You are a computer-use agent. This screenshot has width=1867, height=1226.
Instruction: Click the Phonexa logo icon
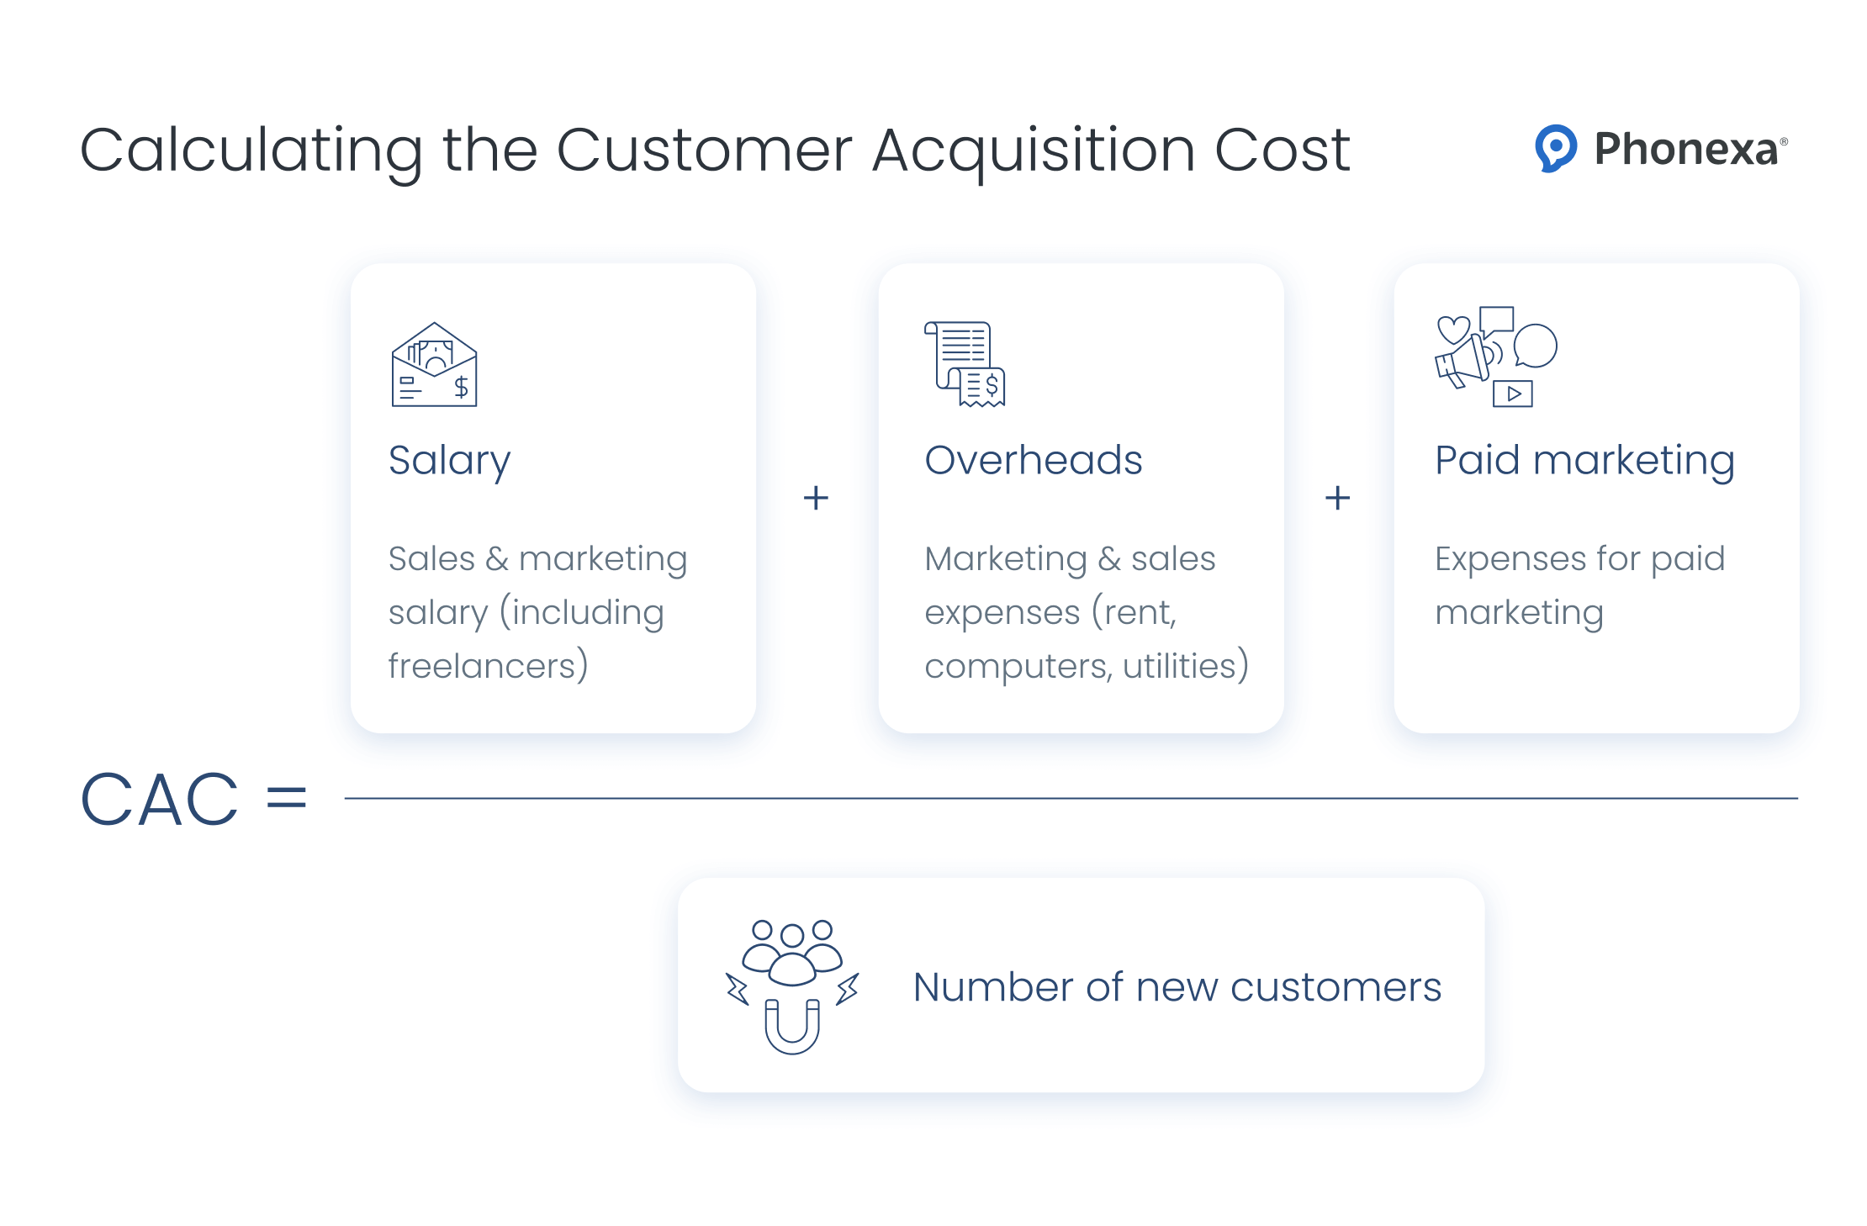tap(1555, 149)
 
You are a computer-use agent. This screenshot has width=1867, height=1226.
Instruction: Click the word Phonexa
tap(1686, 150)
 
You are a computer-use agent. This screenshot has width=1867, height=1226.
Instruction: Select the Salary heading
tap(449, 461)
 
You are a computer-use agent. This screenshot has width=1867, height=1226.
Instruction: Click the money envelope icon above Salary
tap(434, 365)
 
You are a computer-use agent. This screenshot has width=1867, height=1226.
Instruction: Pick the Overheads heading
tap(1033, 460)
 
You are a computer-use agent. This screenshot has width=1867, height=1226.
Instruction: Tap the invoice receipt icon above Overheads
tap(965, 364)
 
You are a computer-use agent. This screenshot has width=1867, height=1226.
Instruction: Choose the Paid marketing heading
tap(1584, 461)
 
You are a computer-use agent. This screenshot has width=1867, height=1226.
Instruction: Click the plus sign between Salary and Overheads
tap(816, 498)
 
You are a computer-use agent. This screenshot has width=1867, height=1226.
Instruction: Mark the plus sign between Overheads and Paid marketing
tap(1337, 498)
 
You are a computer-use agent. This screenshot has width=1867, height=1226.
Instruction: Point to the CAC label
tap(160, 799)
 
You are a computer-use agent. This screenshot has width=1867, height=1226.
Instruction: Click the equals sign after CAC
tap(286, 797)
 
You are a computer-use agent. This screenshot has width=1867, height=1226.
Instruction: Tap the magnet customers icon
tap(792, 986)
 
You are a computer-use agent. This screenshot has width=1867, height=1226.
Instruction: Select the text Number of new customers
tap(1177, 987)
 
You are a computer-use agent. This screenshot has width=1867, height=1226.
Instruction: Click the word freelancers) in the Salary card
tap(488, 666)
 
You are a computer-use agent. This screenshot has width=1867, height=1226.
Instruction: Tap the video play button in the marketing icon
tap(1513, 394)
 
